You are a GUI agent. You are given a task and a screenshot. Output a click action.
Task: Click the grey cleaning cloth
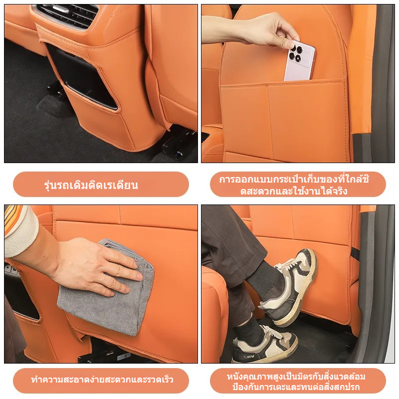(x=107, y=288)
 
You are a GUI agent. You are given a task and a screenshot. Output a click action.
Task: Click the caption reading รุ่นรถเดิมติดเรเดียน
(x=91, y=185)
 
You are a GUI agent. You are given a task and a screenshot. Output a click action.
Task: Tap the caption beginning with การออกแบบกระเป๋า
(x=294, y=185)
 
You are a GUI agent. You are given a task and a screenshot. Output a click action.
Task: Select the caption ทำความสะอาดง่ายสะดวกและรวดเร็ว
(x=102, y=380)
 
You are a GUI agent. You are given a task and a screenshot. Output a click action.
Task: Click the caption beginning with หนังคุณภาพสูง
(x=296, y=382)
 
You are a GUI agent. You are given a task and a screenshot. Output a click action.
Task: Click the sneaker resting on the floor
(x=265, y=345)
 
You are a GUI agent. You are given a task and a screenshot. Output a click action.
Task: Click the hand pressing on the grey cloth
(x=97, y=267)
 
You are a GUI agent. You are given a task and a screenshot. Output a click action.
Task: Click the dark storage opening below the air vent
(x=81, y=76)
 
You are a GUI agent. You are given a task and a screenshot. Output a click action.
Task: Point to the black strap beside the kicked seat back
(x=355, y=254)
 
